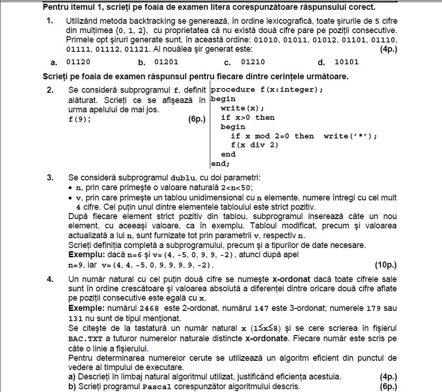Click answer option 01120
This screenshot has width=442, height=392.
click(x=78, y=62)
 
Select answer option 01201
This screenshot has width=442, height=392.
click(x=166, y=62)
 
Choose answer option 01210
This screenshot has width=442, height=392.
click(x=253, y=62)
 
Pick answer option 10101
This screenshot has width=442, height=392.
click(x=346, y=62)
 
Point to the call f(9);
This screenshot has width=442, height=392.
click(x=79, y=119)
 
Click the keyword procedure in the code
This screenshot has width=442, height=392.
click(x=233, y=89)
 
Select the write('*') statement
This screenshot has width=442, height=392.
click(x=350, y=136)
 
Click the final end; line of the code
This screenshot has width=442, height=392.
click(x=221, y=164)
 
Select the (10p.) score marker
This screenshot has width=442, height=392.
click(x=386, y=265)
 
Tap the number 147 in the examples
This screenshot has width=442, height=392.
click(x=260, y=309)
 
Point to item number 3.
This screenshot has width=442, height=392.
click(x=50, y=178)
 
